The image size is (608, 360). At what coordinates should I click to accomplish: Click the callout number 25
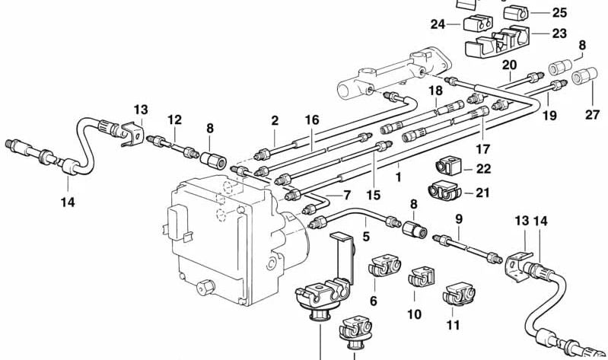tap(559, 12)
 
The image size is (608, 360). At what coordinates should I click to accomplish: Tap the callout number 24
tap(438, 24)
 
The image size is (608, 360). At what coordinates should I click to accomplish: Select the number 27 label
tap(593, 115)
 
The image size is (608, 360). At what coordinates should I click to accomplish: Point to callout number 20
tap(509, 65)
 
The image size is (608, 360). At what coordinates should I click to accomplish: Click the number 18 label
tap(435, 91)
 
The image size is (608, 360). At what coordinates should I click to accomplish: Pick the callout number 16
tap(312, 120)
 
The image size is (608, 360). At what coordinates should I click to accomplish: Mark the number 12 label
tap(175, 119)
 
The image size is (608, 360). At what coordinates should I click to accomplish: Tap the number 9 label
tap(458, 221)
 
